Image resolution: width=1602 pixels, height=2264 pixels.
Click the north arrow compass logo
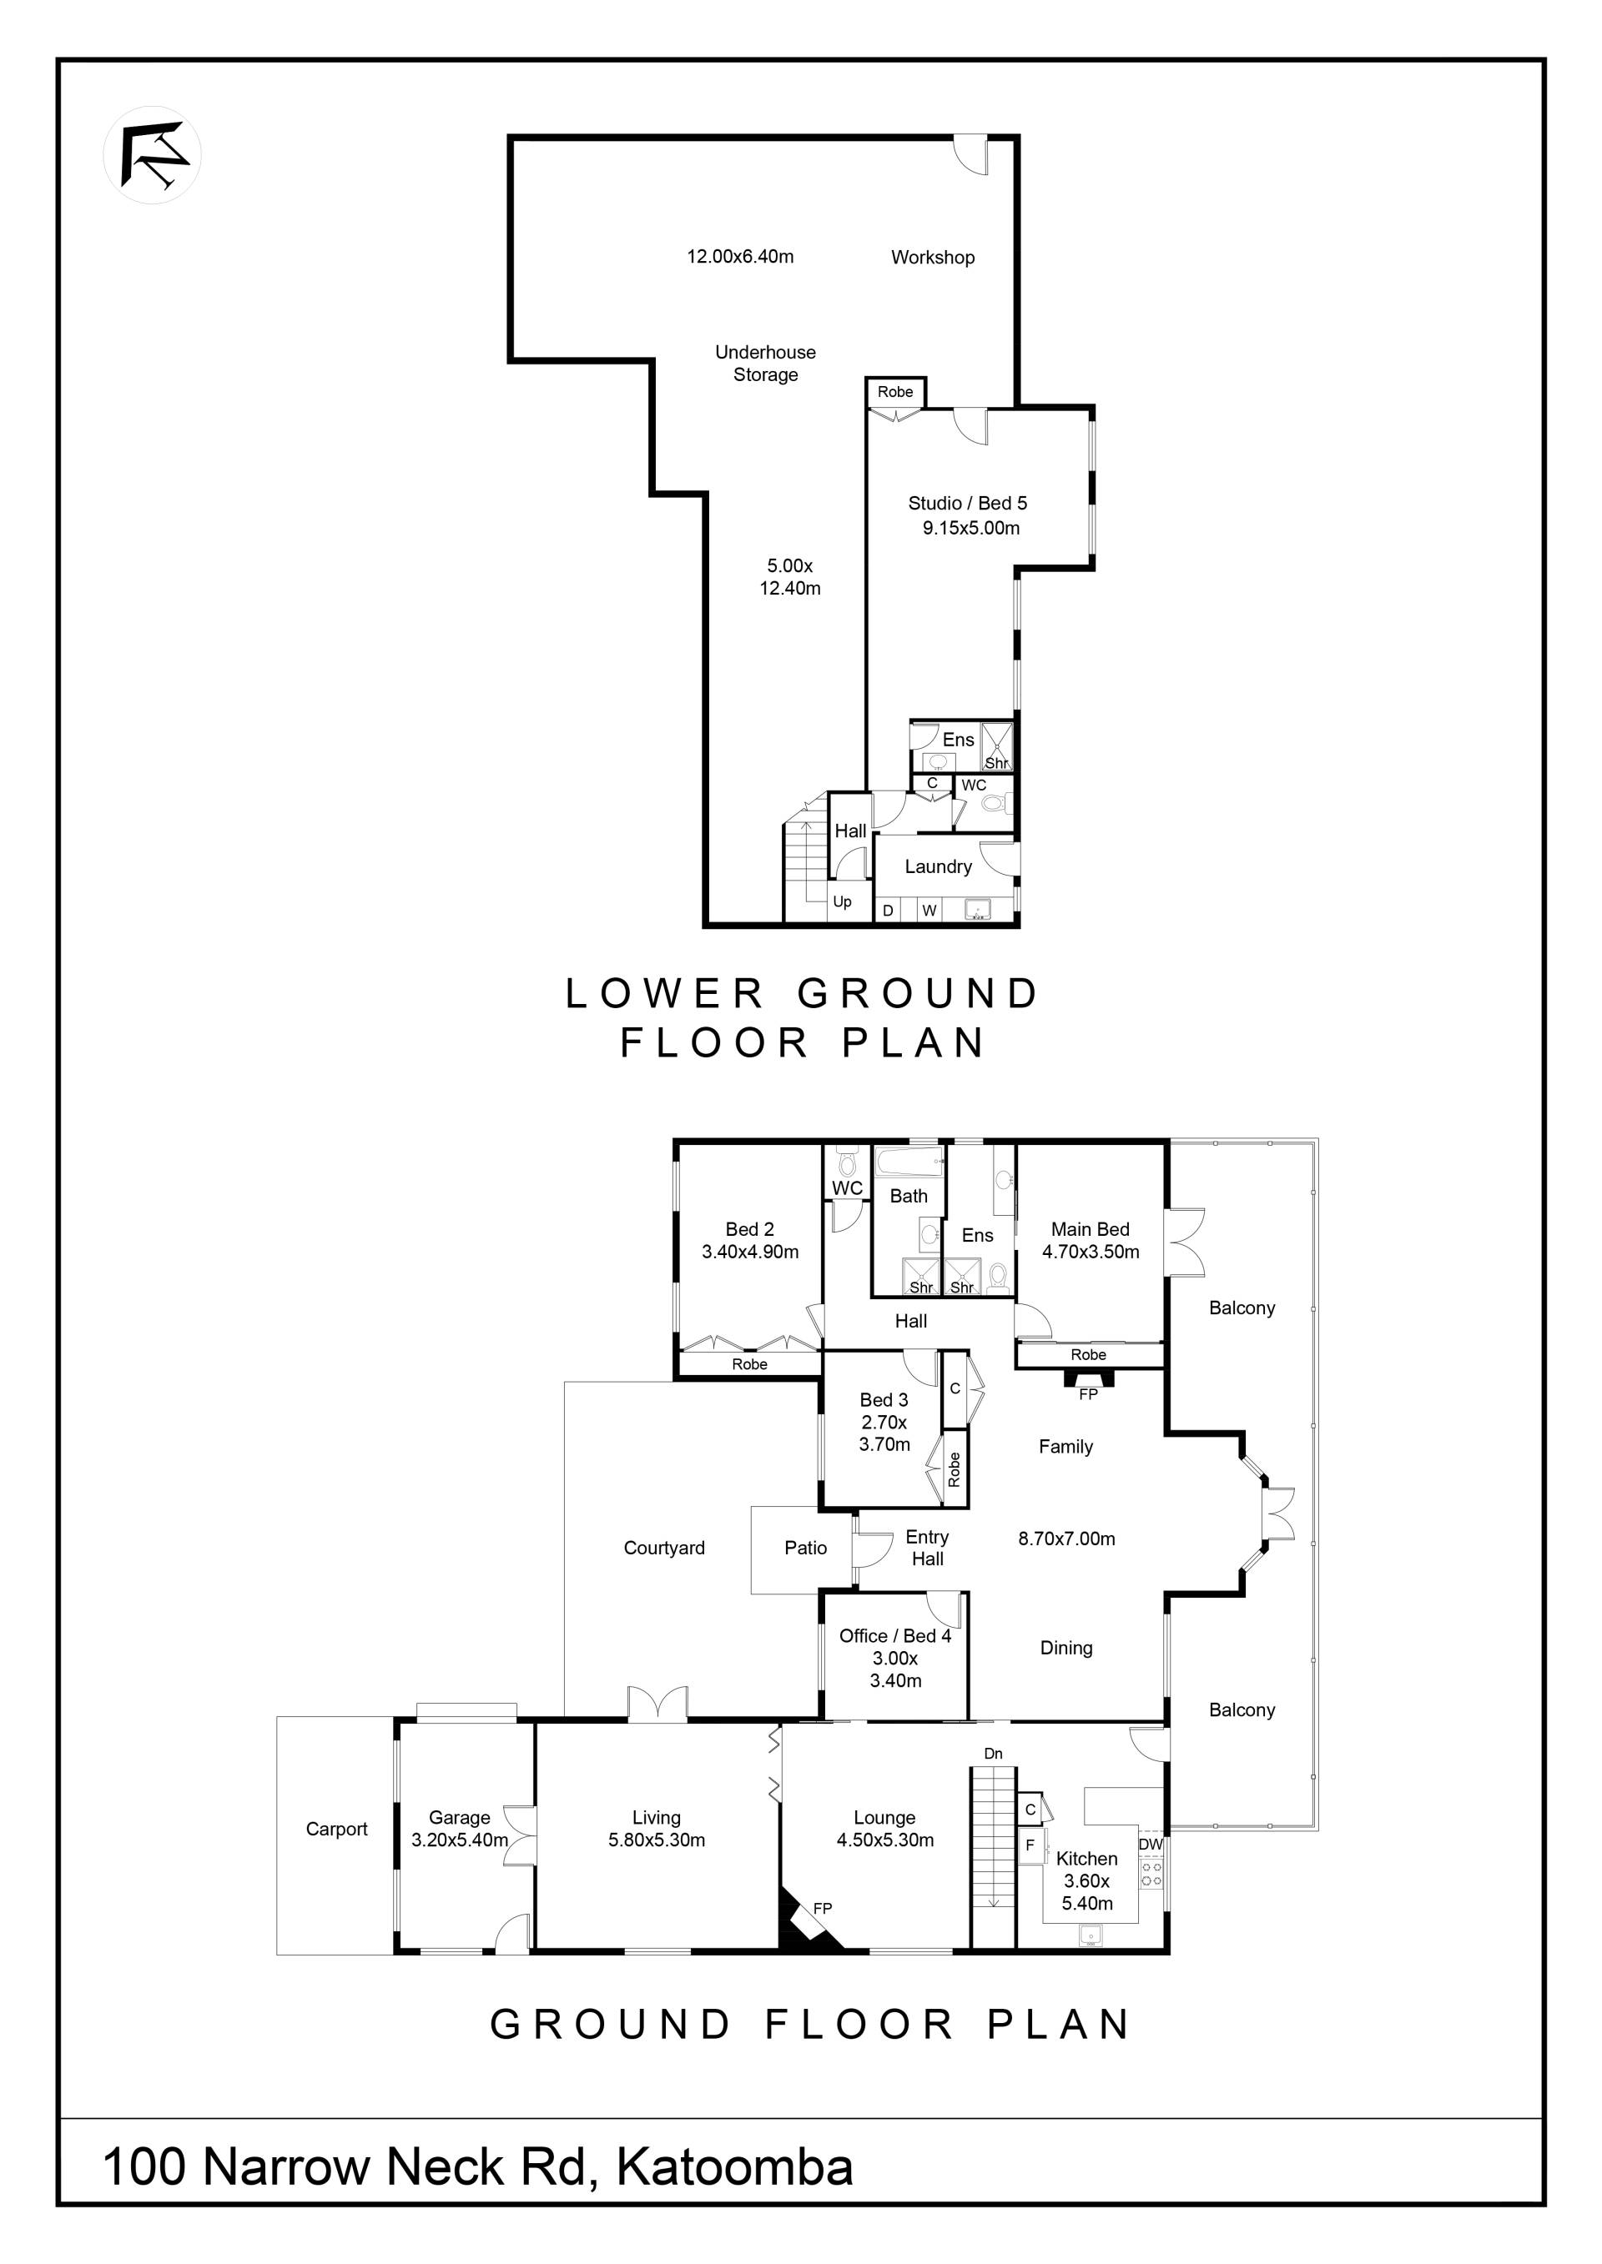click(x=152, y=155)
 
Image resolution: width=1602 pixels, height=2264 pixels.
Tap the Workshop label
click(x=932, y=258)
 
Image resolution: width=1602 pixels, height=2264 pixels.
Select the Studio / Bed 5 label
click(x=968, y=503)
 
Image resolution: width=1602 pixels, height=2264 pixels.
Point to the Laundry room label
click(x=938, y=866)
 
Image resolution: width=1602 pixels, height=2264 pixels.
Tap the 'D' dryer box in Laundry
click(x=888, y=910)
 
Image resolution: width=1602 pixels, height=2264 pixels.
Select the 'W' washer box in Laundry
click(x=929, y=910)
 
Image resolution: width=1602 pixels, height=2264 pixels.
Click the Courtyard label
click(x=664, y=1549)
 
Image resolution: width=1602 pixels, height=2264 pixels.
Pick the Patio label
click(x=806, y=1549)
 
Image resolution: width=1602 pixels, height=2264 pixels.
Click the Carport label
click(x=336, y=1830)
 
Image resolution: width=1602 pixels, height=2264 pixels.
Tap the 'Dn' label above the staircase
click(x=994, y=1753)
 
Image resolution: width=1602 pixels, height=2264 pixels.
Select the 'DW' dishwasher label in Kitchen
click(x=1151, y=1844)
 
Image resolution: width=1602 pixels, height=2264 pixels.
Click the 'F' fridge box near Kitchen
click(x=1030, y=1845)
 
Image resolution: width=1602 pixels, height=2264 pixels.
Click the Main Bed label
click(x=1090, y=1230)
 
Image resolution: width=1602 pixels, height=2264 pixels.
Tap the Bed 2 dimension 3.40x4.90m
click(x=751, y=1252)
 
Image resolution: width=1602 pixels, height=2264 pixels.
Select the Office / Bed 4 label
click(x=895, y=1636)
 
